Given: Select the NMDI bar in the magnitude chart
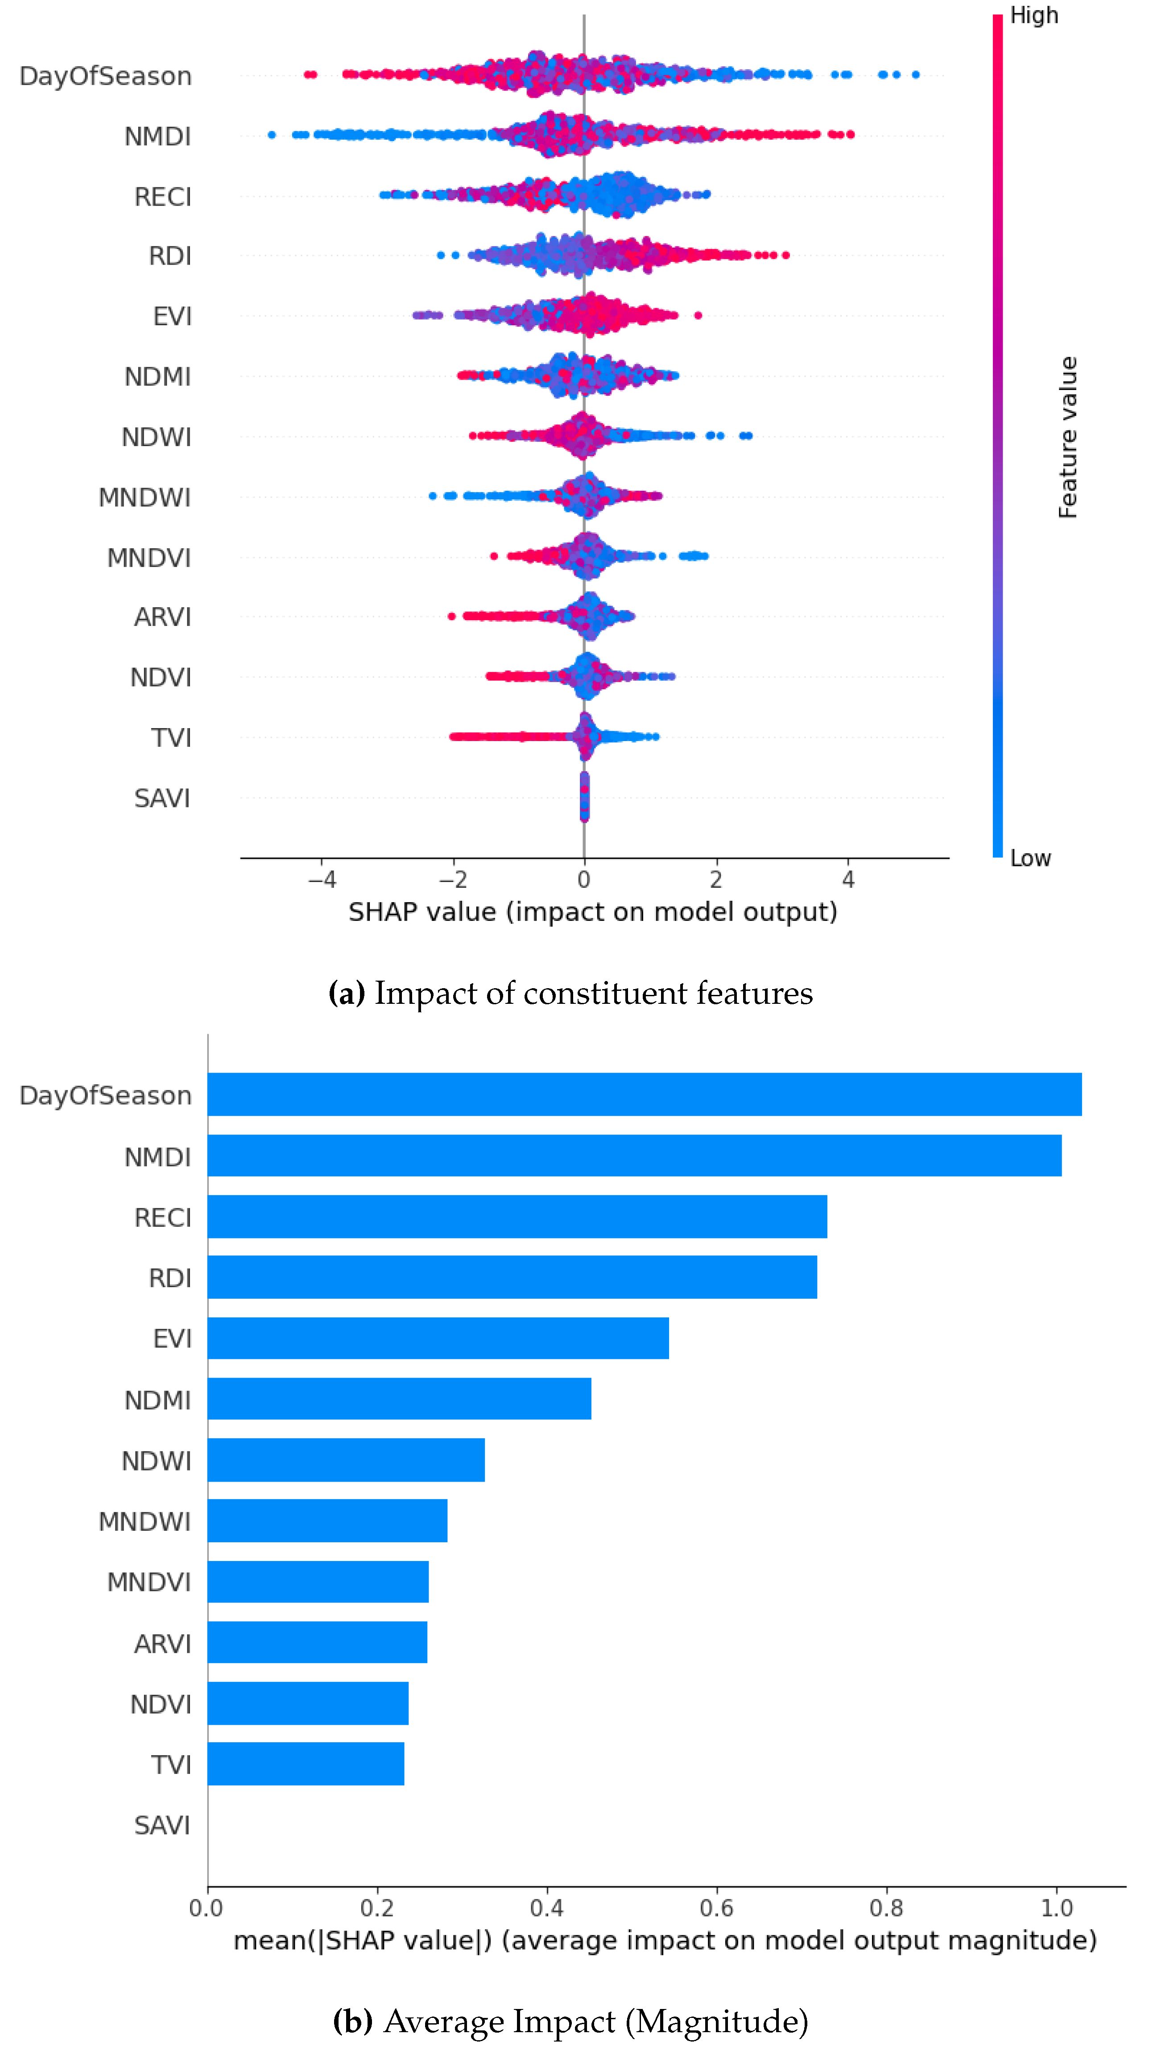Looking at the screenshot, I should [x=634, y=1155].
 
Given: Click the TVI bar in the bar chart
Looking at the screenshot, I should [x=306, y=1764].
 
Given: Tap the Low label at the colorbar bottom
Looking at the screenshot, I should [x=1030, y=858].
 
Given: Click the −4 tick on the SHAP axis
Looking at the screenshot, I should [x=322, y=879].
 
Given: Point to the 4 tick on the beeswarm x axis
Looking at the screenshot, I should [x=848, y=879].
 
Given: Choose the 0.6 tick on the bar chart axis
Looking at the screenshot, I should [x=716, y=1908].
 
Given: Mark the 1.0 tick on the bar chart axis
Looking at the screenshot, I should [x=1056, y=1908].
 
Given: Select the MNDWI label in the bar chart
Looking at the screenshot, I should [x=145, y=1521].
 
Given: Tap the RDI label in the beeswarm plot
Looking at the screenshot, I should [x=170, y=256].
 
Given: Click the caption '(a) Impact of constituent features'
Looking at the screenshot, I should [x=570, y=993].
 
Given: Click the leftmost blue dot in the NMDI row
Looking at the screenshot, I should [x=272, y=135].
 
